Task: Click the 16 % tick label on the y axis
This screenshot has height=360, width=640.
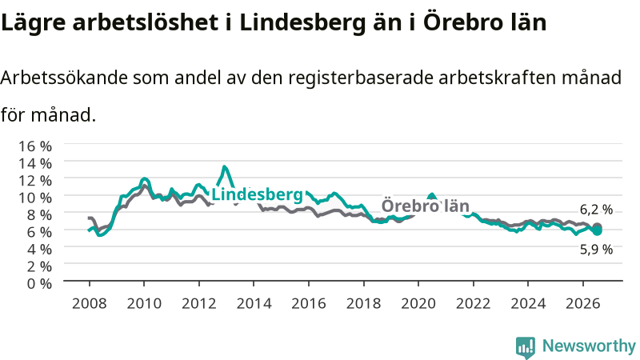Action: coord(35,146)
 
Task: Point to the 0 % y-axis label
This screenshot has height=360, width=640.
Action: coord(39,283)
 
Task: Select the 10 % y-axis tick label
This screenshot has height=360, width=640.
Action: coord(35,198)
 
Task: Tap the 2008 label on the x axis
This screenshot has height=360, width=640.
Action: coord(90,303)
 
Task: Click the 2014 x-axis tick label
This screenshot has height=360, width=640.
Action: coord(254,303)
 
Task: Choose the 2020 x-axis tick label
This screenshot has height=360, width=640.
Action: coord(418,303)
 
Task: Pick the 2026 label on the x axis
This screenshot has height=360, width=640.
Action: coord(583,303)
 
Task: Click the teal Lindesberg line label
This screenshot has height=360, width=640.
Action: coord(257,194)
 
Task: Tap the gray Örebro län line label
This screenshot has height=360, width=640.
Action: coord(426,206)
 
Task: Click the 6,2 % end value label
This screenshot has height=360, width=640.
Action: coord(596,210)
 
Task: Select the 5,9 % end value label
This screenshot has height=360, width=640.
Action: coord(596,249)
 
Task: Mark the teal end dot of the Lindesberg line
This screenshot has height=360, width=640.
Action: coord(597,231)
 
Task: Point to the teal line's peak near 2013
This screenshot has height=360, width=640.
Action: coord(225,166)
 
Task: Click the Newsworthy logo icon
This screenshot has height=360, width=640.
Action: coord(526,347)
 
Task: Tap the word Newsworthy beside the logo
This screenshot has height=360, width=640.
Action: coord(589,346)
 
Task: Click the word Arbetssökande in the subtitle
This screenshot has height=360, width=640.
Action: coord(64,77)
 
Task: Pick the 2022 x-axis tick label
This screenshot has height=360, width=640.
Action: coord(473,303)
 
